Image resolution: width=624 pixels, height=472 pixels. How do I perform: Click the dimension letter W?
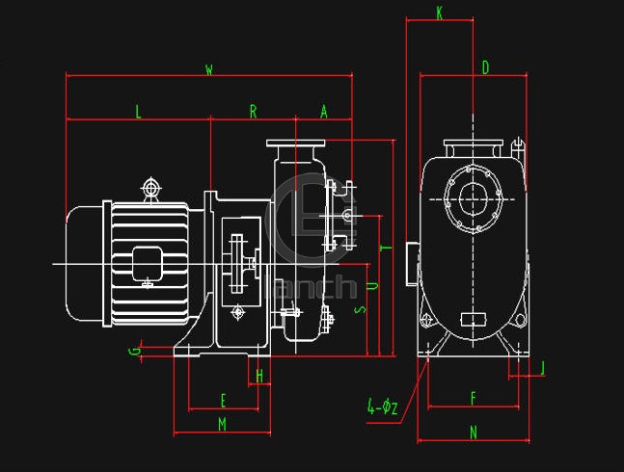pos(209,69)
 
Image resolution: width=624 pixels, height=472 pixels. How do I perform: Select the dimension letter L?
pos(138,112)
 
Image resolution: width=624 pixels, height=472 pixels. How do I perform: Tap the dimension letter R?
pos(253,112)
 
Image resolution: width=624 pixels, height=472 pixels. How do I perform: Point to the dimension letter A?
pos(324,112)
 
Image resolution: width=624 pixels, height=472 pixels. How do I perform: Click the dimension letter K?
pos(440,13)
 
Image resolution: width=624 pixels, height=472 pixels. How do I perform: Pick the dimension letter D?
pos(485,67)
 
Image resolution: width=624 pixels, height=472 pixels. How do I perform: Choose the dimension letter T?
pos(385,248)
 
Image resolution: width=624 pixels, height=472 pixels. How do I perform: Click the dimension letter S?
pos(361,310)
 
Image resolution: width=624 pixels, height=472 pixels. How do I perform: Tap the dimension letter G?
pos(136,351)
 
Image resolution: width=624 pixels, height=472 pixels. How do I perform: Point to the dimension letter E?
pos(223,399)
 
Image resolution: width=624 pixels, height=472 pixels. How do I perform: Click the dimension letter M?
pos(222,424)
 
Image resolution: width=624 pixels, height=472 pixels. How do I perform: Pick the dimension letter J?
pos(542,367)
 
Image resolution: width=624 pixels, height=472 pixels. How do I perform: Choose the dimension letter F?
pos(474,397)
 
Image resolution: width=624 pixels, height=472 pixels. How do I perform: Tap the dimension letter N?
pos(474,433)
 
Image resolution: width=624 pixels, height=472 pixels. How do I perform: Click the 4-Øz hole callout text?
pos(382,407)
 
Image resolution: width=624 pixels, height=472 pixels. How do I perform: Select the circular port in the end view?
pos(474,199)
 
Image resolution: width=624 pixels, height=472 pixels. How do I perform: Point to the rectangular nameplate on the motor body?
pos(146,262)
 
